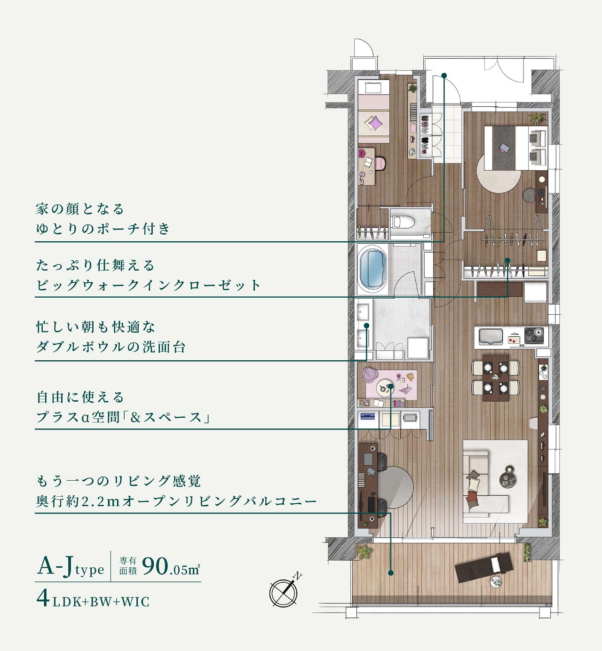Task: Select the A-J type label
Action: pyautogui.click(x=71, y=567)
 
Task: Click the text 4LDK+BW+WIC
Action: pyautogui.click(x=93, y=600)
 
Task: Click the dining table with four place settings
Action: pyautogui.click(x=496, y=378)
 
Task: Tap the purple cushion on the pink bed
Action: pyautogui.click(x=376, y=123)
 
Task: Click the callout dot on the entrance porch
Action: pyautogui.click(x=444, y=75)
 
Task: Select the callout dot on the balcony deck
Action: pyautogui.click(x=390, y=572)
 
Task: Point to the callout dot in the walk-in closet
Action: pyautogui.click(x=507, y=260)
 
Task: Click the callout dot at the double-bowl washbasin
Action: pyautogui.click(x=366, y=325)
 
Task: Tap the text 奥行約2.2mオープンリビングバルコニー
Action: pyautogui.click(x=176, y=501)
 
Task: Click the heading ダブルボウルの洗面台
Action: pyautogui.click(x=111, y=347)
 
